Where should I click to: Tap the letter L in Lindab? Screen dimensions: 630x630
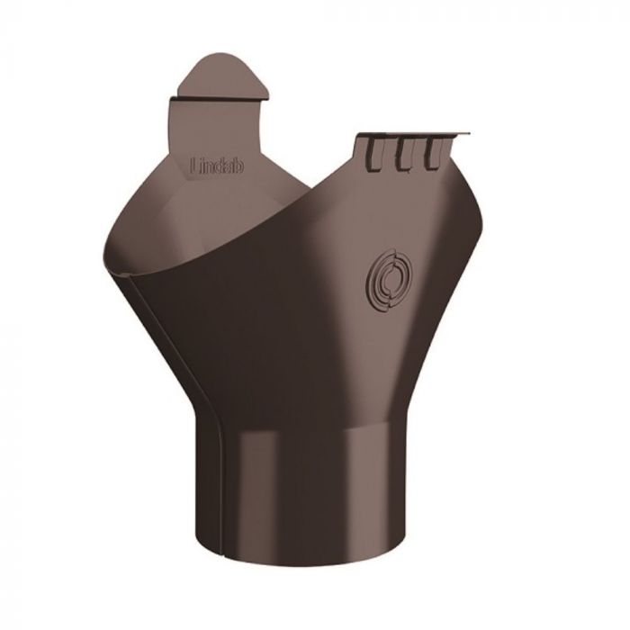pos(196,165)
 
